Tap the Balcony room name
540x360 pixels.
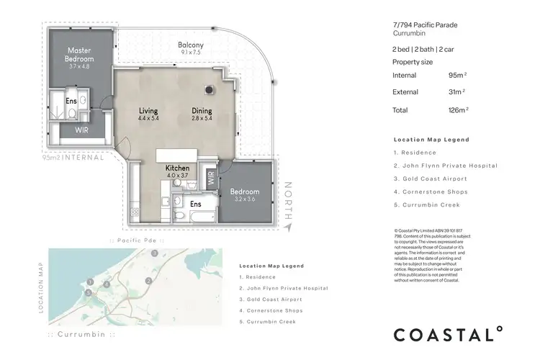click(191, 45)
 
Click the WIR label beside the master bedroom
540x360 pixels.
click(81, 130)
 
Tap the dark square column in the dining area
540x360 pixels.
click(209, 90)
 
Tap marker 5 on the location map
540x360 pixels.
click(89, 293)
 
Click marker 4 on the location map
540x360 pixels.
click(106, 285)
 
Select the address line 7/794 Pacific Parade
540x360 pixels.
click(426, 25)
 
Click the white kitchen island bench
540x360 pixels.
click(177, 156)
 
